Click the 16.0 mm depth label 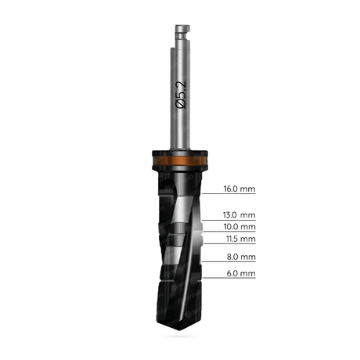tap(239, 189)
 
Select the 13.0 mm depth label tap(239, 215)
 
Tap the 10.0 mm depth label tap(239, 227)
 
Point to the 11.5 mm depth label tap(240, 239)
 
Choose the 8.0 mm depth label tap(241, 257)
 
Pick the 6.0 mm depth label tap(241, 273)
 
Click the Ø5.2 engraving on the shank tap(181, 95)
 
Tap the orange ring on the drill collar tap(180, 160)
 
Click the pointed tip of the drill tap(180, 330)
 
